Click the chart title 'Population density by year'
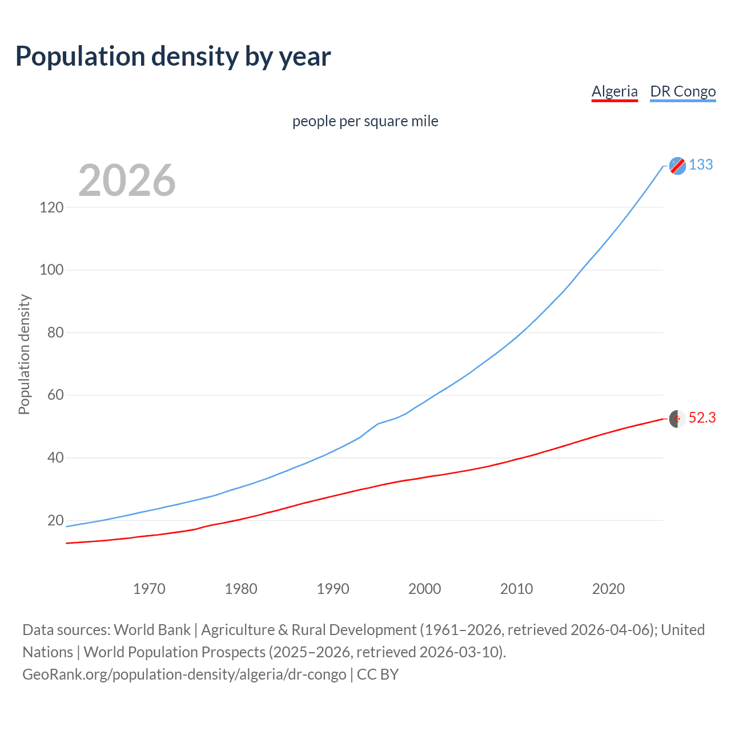click(x=173, y=57)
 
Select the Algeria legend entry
click(x=614, y=91)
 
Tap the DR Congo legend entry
click(x=682, y=91)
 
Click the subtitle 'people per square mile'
click(x=365, y=121)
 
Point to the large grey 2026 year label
click(x=127, y=180)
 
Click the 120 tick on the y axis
click(x=51, y=207)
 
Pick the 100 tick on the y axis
click(x=51, y=270)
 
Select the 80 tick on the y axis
click(x=55, y=332)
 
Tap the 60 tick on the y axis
click(x=55, y=395)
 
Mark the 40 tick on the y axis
click(x=55, y=457)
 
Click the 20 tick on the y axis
click(x=55, y=520)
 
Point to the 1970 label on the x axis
click(x=149, y=589)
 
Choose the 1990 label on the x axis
click(x=333, y=589)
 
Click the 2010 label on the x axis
click(x=516, y=589)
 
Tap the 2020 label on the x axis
click(x=608, y=589)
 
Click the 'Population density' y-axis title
click(x=24, y=354)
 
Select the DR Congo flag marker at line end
click(x=677, y=166)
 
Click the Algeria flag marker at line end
click(x=677, y=419)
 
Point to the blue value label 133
click(x=701, y=164)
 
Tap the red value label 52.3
click(x=702, y=418)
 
